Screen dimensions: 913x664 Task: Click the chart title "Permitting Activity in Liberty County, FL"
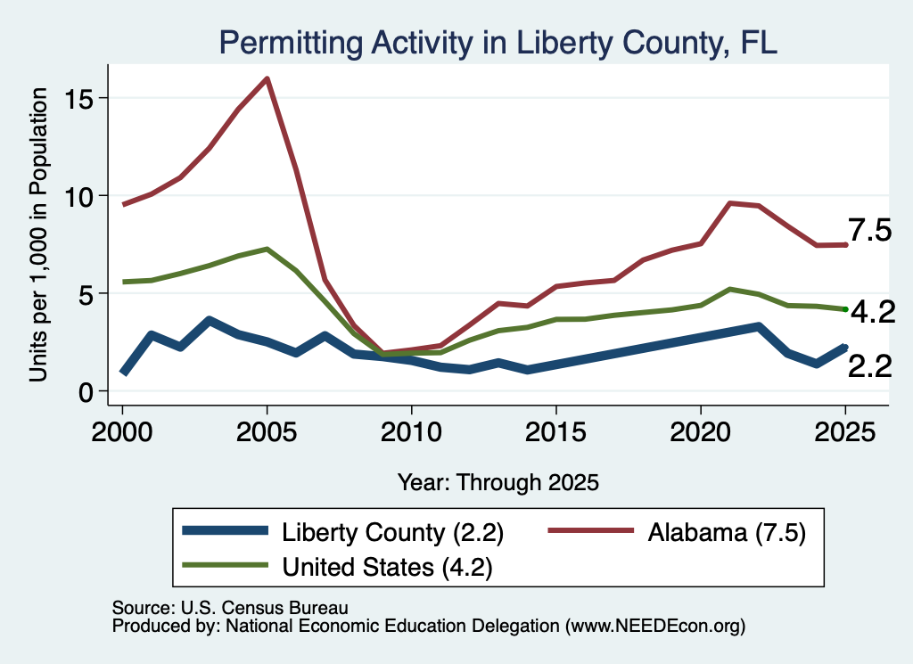(x=498, y=43)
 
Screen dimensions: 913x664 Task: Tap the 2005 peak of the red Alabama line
(x=267, y=78)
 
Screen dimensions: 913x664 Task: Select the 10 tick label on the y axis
(x=78, y=197)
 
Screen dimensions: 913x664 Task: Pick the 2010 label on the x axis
(x=411, y=432)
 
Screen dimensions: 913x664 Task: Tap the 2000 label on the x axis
(x=122, y=432)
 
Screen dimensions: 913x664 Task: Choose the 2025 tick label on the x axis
(x=845, y=432)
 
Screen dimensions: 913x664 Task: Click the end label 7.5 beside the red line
(x=869, y=231)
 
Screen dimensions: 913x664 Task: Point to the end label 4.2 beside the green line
(x=873, y=313)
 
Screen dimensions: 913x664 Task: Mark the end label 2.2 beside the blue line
(x=870, y=366)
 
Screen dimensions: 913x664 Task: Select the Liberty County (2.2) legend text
(x=392, y=532)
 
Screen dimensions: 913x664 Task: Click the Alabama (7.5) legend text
(x=727, y=532)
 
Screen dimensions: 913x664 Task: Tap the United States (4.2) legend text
(x=387, y=567)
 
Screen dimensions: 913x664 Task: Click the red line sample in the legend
(x=591, y=530)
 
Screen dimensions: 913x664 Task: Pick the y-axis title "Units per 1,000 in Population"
(x=38, y=234)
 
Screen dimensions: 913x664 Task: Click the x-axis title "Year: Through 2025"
(x=498, y=483)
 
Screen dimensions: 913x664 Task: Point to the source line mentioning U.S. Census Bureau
(x=230, y=608)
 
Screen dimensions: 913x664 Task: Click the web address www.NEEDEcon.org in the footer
(x=655, y=627)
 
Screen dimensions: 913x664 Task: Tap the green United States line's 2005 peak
(x=267, y=249)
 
